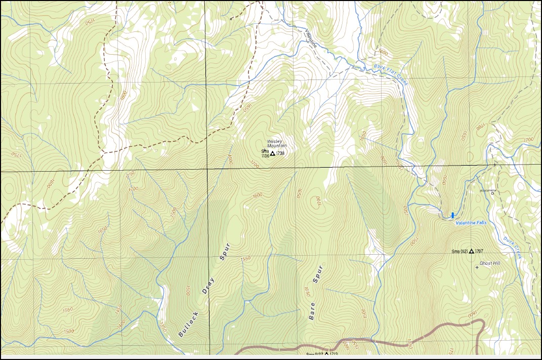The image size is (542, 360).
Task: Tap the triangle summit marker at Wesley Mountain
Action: click(x=272, y=153)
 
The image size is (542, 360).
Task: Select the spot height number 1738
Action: click(x=281, y=153)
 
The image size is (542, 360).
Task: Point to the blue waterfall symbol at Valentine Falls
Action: click(x=452, y=215)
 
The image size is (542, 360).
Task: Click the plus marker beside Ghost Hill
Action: click(x=477, y=267)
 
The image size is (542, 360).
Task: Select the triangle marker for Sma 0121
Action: click(x=472, y=251)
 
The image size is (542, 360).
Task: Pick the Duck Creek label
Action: click(x=512, y=248)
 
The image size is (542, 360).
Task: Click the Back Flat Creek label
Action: click(x=391, y=73)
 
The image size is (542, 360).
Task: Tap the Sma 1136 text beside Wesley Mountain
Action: click(x=265, y=153)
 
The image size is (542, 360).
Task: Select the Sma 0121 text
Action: click(x=460, y=251)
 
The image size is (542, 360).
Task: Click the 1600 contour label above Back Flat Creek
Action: click(x=383, y=52)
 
